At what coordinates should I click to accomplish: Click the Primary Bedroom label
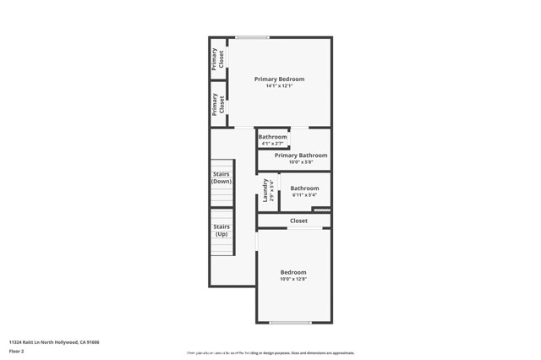coord(279,79)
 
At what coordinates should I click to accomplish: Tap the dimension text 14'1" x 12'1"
coord(279,86)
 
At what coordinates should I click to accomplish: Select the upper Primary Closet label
coord(217,58)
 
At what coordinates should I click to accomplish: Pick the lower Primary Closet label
coord(217,104)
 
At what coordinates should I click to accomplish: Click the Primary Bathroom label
coord(301,155)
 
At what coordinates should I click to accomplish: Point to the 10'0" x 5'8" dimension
coord(301,162)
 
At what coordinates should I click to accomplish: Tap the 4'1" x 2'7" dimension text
coord(272,144)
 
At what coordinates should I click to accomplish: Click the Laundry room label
coord(266,190)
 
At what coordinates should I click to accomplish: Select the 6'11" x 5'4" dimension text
coord(304,195)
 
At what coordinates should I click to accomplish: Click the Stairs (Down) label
coord(221,178)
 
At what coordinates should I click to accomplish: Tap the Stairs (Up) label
coord(221,230)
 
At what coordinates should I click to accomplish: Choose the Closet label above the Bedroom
coord(298,221)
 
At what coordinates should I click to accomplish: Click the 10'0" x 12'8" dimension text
coord(293,279)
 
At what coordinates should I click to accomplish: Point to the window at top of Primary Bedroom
coord(252,37)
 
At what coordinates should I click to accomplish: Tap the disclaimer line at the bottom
coord(270,353)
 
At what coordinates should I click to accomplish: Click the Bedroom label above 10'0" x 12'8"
coord(293,272)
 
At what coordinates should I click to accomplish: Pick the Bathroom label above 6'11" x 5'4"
coord(304,188)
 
